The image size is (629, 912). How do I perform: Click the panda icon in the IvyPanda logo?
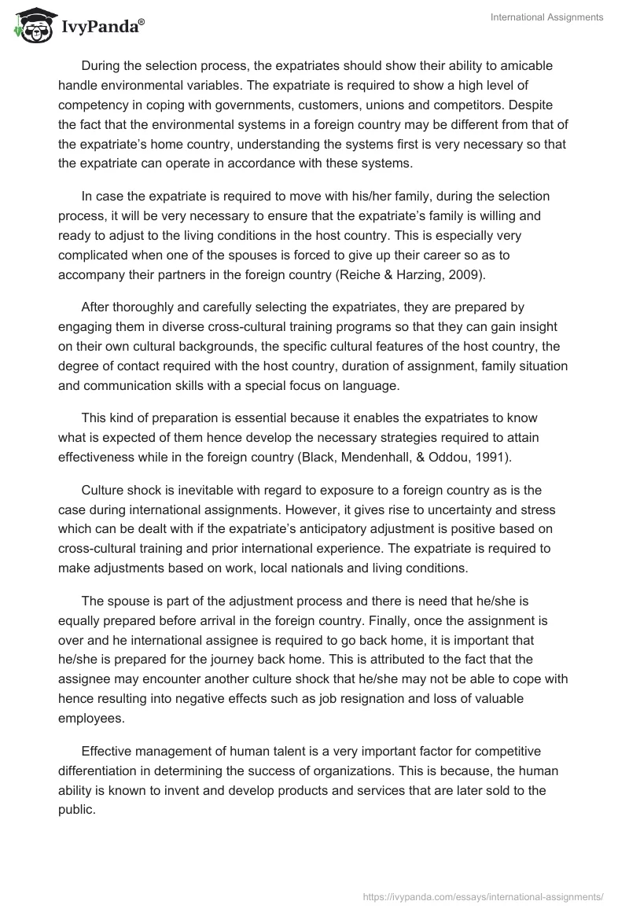pyautogui.click(x=31, y=25)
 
